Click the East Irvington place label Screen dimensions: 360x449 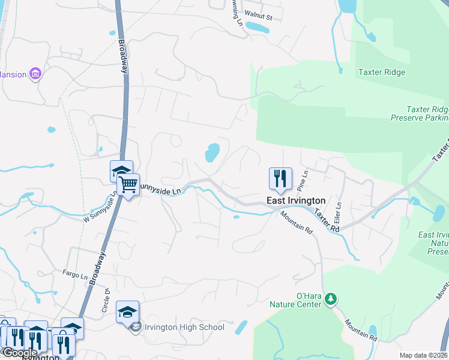click(x=297, y=200)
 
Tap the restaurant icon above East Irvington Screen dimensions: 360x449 click(x=280, y=178)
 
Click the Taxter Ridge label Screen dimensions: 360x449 click(x=382, y=73)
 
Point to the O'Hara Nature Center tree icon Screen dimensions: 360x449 click(x=330, y=299)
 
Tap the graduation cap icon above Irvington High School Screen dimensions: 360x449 click(x=127, y=312)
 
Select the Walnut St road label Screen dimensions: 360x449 click(x=262, y=18)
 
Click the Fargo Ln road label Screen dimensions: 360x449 click(x=75, y=275)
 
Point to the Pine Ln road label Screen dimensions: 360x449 click(x=304, y=177)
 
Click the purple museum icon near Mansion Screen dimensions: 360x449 click(x=35, y=74)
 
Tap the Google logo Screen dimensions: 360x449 click(x=19, y=353)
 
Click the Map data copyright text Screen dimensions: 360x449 click(x=423, y=356)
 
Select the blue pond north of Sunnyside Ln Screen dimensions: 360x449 click(x=212, y=152)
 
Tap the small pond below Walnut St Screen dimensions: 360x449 click(x=258, y=28)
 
